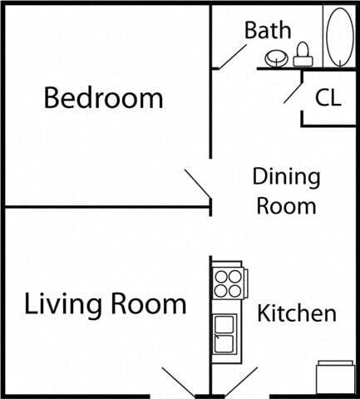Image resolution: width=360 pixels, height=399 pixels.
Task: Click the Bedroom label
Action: (103, 98)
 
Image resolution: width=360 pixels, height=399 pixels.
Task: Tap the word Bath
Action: (268, 31)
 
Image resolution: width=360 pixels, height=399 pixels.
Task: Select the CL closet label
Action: (328, 97)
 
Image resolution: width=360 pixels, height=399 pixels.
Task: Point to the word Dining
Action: (286, 176)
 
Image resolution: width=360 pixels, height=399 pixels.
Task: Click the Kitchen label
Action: (296, 313)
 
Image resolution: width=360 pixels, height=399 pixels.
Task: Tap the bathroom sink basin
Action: (276, 58)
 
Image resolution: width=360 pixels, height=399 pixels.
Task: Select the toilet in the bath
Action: (303, 54)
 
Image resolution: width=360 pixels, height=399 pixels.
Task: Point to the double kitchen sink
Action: (225, 336)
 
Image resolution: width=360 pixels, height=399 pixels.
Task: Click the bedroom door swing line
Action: (198, 185)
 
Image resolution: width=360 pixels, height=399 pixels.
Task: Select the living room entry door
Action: (177, 382)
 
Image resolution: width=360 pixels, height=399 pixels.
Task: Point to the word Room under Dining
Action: (286, 204)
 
